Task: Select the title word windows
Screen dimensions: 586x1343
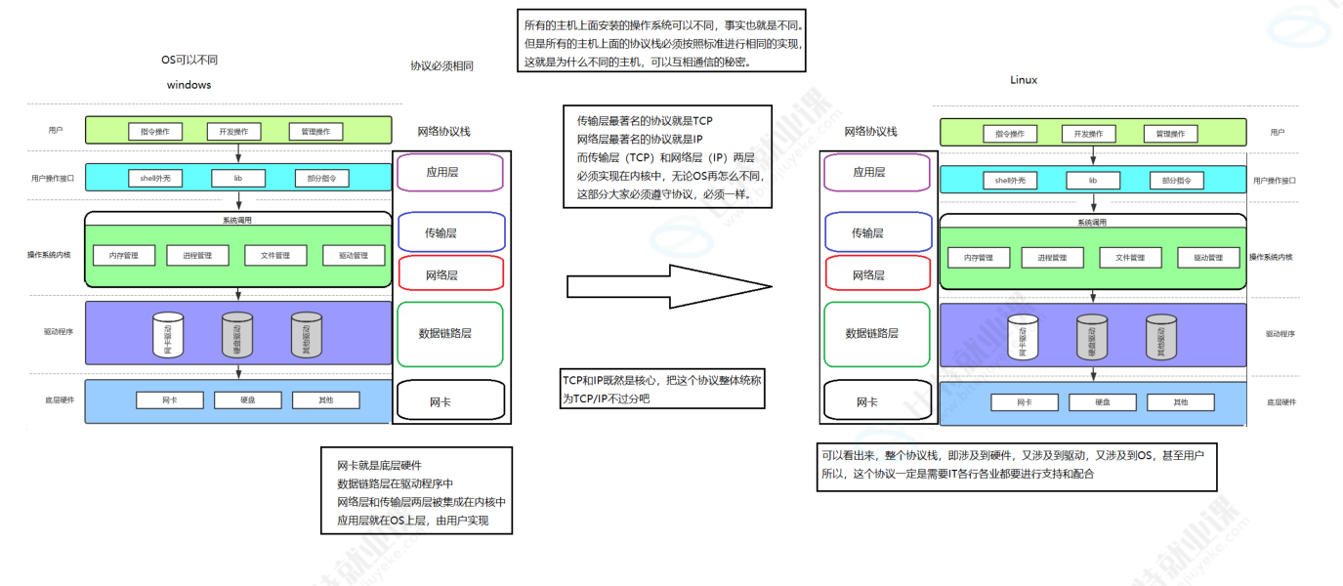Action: [189, 85]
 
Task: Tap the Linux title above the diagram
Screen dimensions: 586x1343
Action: [1024, 80]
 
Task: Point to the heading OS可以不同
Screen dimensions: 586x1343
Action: [189, 60]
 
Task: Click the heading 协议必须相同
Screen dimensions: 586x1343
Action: [441, 66]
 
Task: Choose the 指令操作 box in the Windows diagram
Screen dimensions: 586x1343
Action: [155, 132]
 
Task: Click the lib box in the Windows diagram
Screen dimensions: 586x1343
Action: [237, 178]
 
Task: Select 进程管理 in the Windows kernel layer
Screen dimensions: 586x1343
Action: [196, 256]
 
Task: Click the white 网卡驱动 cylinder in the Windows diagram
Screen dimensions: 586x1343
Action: [168, 335]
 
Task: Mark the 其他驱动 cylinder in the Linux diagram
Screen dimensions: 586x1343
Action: [1160, 337]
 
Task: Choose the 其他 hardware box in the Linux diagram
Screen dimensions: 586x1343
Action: [1180, 402]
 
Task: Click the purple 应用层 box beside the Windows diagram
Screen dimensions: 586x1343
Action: [449, 173]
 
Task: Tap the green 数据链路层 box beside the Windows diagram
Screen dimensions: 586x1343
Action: [449, 333]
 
